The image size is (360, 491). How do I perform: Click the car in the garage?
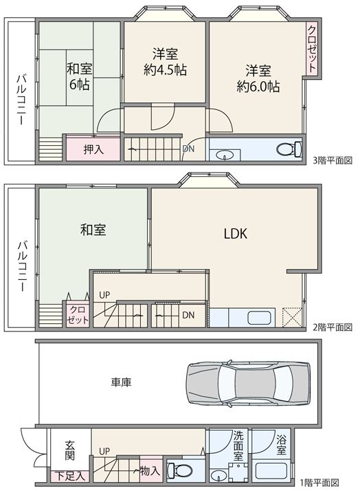pos(248,383)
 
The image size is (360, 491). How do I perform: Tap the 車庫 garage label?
pos(121,382)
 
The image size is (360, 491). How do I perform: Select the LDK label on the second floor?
pos(236,234)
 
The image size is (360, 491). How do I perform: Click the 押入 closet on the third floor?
pos(93,149)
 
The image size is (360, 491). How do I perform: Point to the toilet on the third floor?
pos(289,149)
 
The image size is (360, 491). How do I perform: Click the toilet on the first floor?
pos(179,470)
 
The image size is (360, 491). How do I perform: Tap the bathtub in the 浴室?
pos(271,470)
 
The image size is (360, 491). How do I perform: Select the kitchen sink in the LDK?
pos(259,318)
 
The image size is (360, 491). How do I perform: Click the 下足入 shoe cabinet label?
pos(70,476)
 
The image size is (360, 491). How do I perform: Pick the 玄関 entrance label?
pos(70,450)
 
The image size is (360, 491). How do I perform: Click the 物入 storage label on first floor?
pos(150,470)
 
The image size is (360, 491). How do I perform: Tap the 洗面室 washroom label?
pos(238,446)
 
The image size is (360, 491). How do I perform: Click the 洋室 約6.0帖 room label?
pos(258,78)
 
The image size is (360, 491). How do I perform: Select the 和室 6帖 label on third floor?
pos(80,76)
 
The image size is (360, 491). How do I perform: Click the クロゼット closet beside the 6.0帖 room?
pos(312,49)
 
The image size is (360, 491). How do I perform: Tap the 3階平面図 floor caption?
pos(333,161)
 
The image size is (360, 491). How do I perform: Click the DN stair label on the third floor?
pos(188,149)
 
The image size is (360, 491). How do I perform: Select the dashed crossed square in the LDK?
pos(293,317)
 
